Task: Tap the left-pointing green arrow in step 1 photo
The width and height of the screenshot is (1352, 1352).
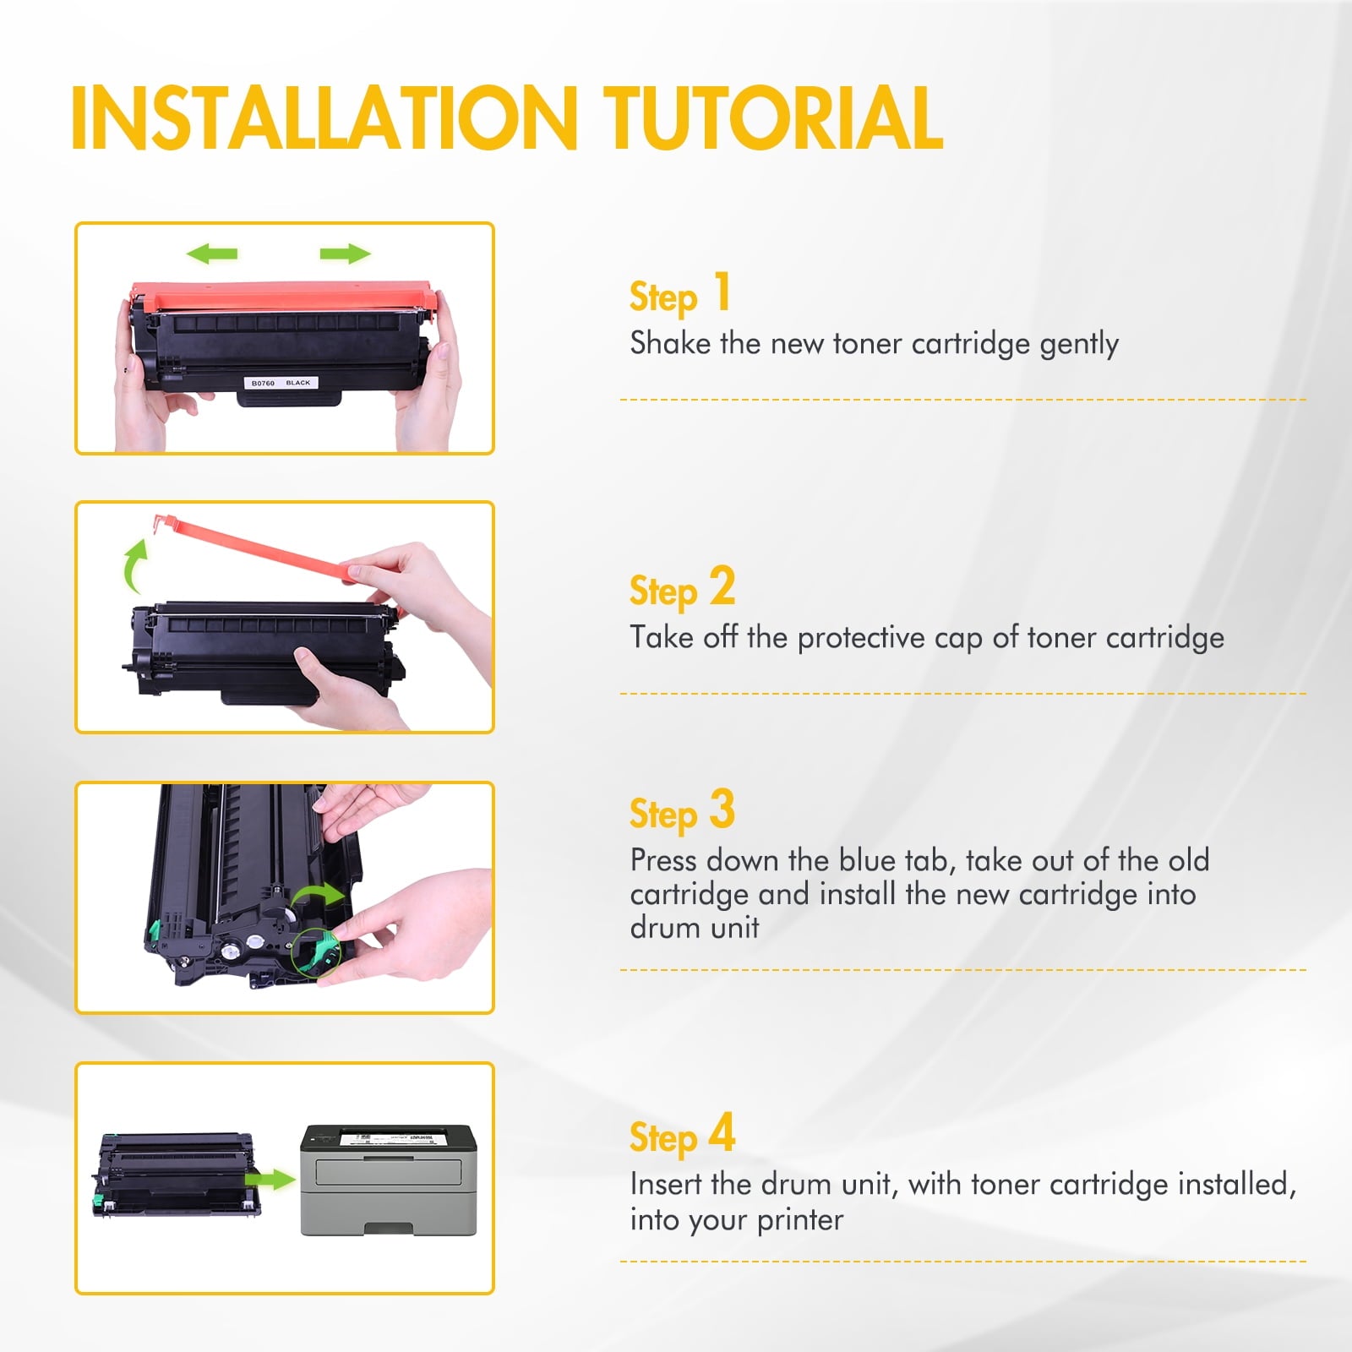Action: pos(211,253)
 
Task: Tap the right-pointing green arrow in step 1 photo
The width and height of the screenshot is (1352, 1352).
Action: pos(345,253)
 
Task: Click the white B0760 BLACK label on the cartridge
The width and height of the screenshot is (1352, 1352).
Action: pos(281,383)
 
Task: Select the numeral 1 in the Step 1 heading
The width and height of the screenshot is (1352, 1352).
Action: pos(722,292)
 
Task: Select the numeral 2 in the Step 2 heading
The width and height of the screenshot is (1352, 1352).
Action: pos(722,586)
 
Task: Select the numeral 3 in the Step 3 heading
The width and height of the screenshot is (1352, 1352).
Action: pos(722,809)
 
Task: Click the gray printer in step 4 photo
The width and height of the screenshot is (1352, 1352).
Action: pos(389,1180)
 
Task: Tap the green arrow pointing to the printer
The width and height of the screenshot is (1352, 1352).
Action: pos(270,1180)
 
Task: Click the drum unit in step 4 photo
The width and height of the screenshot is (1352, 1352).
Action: pos(177,1175)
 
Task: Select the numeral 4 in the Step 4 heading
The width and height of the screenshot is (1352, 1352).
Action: pos(722,1132)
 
